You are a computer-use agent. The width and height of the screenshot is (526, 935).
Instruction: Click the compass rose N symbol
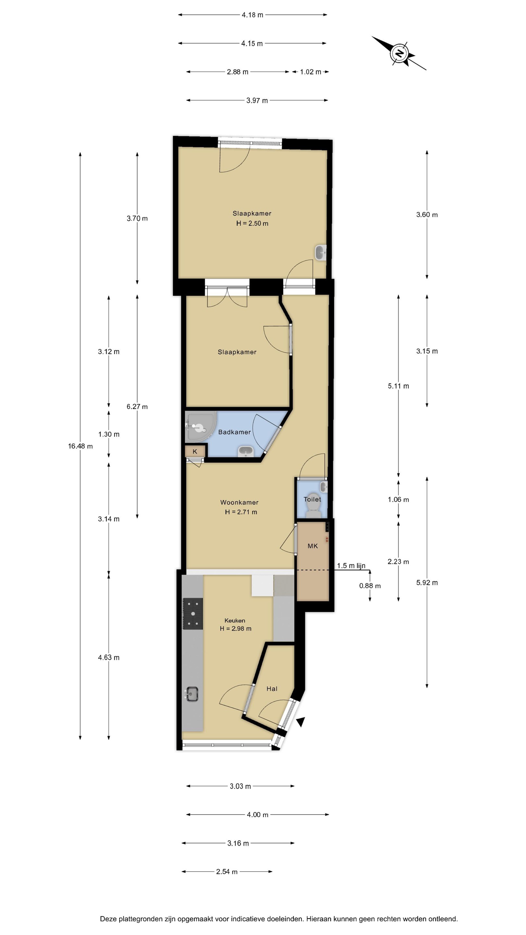pos(399,53)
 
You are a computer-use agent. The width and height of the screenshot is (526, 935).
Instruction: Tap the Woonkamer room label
pos(239,502)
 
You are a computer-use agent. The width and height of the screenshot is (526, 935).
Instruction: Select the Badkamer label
pos(234,432)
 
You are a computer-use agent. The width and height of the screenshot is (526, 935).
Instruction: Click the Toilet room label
pos(312,499)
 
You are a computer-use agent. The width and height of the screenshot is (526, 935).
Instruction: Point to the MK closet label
pos(313,546)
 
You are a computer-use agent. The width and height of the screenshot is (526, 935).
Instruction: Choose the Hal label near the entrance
pos(272,689)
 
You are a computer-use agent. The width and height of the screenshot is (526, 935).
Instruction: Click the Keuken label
pos(234,620)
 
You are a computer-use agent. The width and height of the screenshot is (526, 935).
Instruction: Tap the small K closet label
pos(195,452)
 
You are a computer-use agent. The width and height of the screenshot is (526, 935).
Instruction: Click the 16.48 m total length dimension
pos(80,446)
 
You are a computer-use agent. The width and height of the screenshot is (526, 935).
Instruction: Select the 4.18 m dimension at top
pos(252,15)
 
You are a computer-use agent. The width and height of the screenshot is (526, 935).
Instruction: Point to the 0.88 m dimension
pos(370,586)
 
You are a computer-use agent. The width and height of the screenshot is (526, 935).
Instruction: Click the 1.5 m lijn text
pos(351,566)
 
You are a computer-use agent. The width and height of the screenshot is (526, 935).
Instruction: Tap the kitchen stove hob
pos(193,614)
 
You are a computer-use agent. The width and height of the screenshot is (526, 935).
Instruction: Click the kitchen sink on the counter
pos(192,694)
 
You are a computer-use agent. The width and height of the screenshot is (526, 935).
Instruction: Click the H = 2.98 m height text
pos(236,629)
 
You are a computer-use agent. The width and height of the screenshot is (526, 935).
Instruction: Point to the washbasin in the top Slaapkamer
pos(320,252)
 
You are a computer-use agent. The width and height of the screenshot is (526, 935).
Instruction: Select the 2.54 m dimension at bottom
pos(227,871)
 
